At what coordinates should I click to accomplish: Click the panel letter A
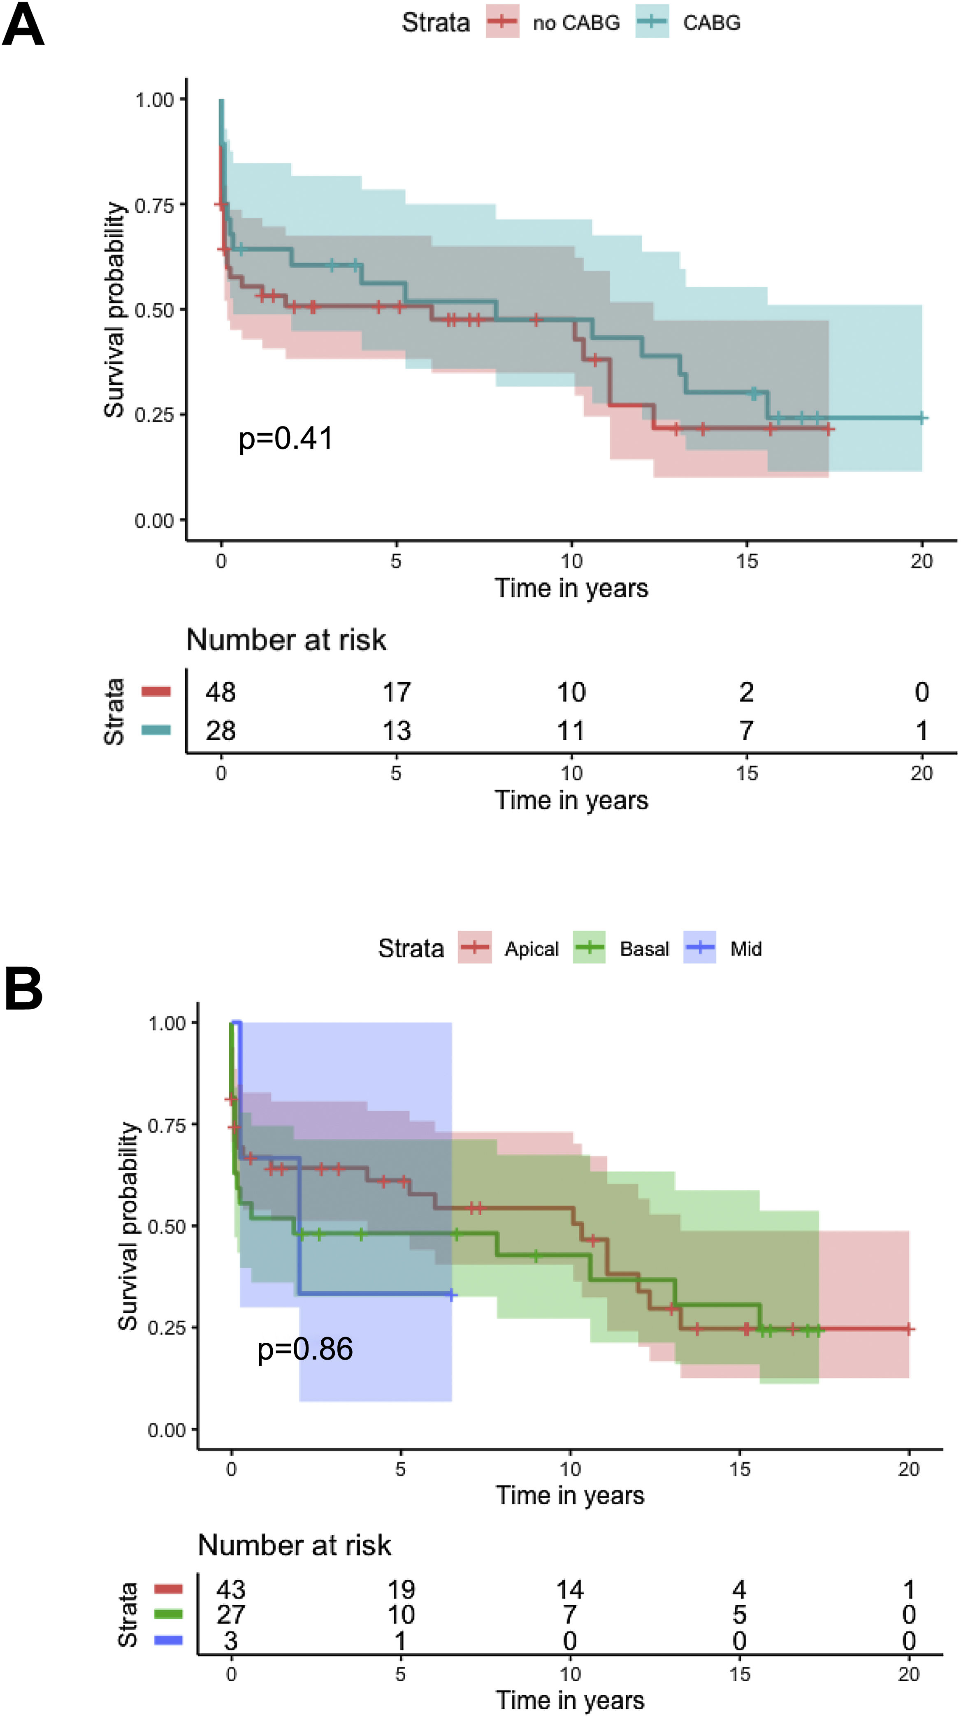click(23, 25)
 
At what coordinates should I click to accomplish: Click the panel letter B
click(23, 989)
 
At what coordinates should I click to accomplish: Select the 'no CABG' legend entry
click(576, 23)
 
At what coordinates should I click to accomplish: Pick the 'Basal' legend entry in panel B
click(643, 948)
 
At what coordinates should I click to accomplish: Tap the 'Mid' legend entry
click(745, 948)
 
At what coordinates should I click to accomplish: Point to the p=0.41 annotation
click(286, 438)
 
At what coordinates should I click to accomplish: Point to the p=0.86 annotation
click(305, 1349)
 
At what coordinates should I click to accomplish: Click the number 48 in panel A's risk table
click(221, 693)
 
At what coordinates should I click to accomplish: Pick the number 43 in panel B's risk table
click(231, 1590)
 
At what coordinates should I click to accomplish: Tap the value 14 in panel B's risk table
click(570, 1590)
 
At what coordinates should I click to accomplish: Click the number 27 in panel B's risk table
click(231, 1614)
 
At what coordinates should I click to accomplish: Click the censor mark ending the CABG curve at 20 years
click(922, 418)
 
